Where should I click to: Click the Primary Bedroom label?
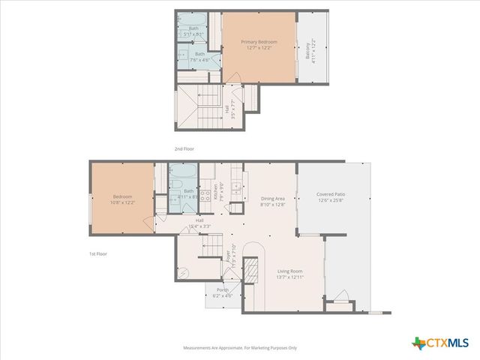(x=259, y=42)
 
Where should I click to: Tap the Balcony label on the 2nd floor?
(x=307, y=51)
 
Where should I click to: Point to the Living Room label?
(x=289, y=272)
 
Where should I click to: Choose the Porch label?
(x=223, y=289)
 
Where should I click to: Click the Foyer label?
(x=229, y=256)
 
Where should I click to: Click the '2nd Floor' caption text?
(x=184, y=149)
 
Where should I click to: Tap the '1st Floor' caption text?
(x=97, y=254)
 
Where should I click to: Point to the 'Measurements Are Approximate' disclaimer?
(x=241, y=348)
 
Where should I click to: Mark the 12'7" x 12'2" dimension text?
(x=259, y=49)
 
